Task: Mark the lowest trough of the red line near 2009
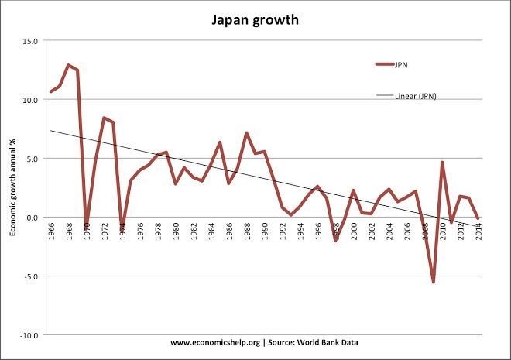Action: pyautogui.click(x=433, y=282)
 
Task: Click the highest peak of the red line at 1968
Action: pyautogui.click(x=68, y=65)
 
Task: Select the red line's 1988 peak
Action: pyautogui.click(x=246, y=133)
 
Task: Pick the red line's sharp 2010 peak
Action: pyautogui.click(x=441, y=163)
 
